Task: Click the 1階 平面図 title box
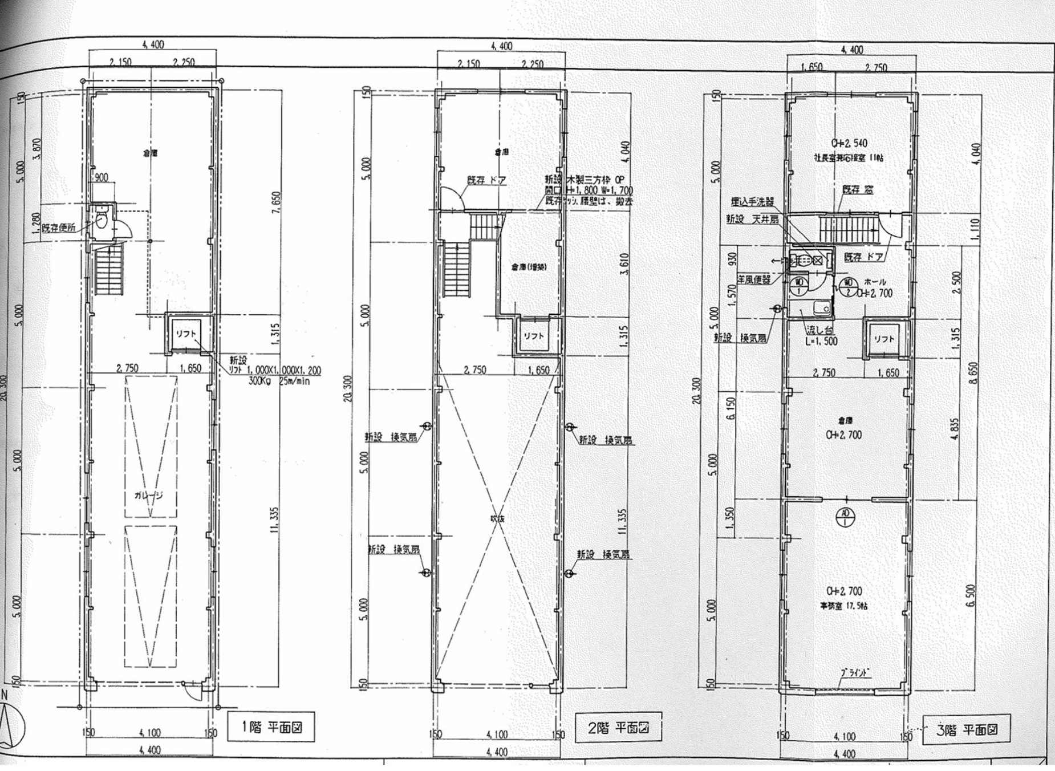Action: tap(271, 727)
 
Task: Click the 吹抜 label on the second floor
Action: tap(498, 519)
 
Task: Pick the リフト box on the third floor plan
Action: tap(883, 339)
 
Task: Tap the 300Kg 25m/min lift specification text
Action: tap(279, 381)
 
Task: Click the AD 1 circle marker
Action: tap(845, 516)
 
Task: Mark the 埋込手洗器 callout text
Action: tap(753, 201)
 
